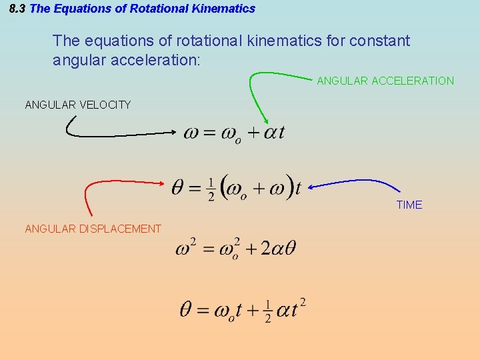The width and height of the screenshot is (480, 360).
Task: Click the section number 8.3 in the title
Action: point(18,9)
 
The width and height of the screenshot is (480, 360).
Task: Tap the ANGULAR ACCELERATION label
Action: point(385,81)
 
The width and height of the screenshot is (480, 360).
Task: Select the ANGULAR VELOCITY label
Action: point(78,105)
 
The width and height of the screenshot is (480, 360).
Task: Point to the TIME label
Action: point(409,205)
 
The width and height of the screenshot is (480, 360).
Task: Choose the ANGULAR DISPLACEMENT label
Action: point(93,229)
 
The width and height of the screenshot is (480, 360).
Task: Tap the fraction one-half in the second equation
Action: point(211,189)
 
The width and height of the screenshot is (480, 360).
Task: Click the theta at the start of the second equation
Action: point(179,189)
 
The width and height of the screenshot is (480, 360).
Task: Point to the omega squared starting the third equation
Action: point(185,248)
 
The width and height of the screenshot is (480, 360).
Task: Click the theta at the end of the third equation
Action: point(289,249)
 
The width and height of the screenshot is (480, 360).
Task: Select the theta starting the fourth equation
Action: point(186,310)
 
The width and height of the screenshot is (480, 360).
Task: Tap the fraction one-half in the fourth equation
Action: point(268,311)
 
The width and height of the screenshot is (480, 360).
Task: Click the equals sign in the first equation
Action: point(209,133)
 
